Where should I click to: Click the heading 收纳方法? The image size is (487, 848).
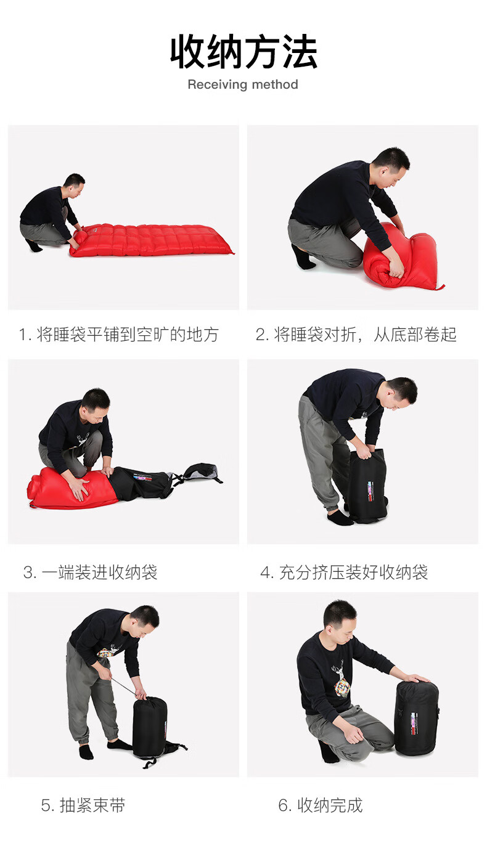pyautogui.click(x=243, y=52)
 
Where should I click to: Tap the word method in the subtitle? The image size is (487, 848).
pyautogui.click(x=275, y=84)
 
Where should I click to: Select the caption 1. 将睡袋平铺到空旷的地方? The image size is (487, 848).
pyautogui.click(x=119, y=335)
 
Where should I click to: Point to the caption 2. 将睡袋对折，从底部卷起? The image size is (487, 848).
pyautogui.click(x=356, y=335)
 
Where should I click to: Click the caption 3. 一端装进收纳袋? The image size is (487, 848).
pyautogui.click(x=90, y=572)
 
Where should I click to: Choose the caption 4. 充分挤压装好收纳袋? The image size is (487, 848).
pyautogui.click(x=344, y=572)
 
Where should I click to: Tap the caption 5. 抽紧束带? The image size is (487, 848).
pyautogui.click(x=83, y=805)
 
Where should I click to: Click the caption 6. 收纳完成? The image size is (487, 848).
pyautogui.click(x=321, y=805)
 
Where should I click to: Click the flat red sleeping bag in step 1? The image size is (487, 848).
pyautogui.click(x=152, y=240)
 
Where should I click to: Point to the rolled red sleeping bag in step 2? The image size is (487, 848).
pyautogui.click(x=401, y=257)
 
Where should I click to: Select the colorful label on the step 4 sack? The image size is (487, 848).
pyautogui.click(x=370, y=491)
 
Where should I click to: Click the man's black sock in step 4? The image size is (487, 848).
pyautogui.click(x=340, y=518)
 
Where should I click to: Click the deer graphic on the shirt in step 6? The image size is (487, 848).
pyautogui.click(x=342, y=679)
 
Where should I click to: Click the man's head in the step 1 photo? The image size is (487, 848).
pyautogui.click(x=75, y=185)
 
